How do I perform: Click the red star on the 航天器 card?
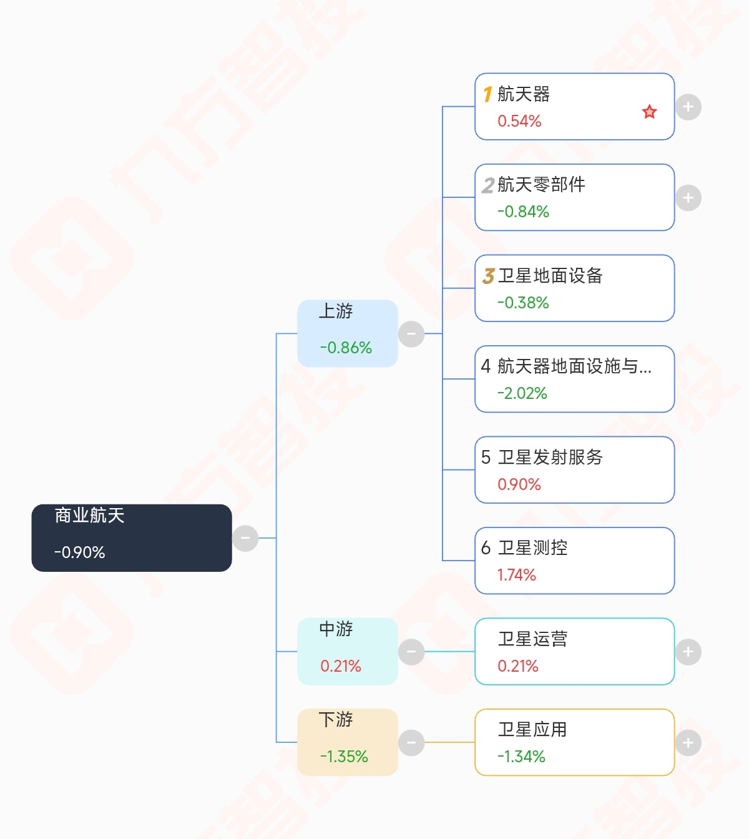click(x=649, y=112)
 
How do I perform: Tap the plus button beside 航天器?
click(x=688, y=107)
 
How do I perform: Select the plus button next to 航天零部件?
click(x=688, y=198)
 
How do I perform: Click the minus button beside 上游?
click(x=411, y=333)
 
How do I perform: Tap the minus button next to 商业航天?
click(x=245, y=537)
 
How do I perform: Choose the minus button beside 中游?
click(x=411, y=652)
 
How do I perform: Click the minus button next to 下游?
click(x=411, y=742)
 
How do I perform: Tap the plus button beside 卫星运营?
click(x=688, y=652)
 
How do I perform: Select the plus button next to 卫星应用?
click(x=688, y=742)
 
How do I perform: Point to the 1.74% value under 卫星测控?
click(x=516, y=575)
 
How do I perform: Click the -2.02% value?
click(x=522, y=393)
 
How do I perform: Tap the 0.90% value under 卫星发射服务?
click(x=519, y=484)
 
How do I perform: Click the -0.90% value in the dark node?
click(x=79, y=552)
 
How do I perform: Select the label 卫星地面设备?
click(x=550, y=275)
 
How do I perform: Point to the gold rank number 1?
click(x=487, y=94)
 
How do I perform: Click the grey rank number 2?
click(x=487, y=185)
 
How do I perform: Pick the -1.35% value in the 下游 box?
click(x=343, y=757)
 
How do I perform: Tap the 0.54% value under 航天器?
click(x=519, y=121)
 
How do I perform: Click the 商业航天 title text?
click(x=89, y=515)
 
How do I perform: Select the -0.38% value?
click(x=522, y=303)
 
